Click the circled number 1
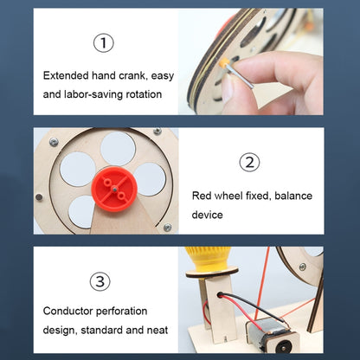click(104, 42)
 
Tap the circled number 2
click(249, 162)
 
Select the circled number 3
click(100, 281)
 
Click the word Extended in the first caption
click(66, 75)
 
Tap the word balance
click(293, 196)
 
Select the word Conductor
click(67, 311)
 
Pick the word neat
click(157, 330)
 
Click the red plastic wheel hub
click(114, 190)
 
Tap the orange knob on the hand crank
click(224, 62)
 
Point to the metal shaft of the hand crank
click(240, 76)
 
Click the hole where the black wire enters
click(220, 295)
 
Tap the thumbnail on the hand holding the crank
click(229, 87)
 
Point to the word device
click(207, 215)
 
